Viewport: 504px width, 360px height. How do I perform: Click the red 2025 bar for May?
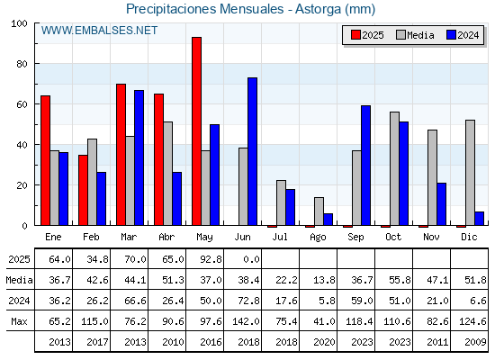tap(197, 131)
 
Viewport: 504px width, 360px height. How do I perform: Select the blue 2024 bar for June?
tap(252, 151)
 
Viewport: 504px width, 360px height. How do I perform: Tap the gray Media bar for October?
tap(394, 169)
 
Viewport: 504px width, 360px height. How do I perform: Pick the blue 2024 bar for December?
tap(479, 219)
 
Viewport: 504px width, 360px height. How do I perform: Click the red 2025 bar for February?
tap(83, 190)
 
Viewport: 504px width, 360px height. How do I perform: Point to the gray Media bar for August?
tap(319, 211)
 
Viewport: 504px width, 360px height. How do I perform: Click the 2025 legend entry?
tap(367, 35)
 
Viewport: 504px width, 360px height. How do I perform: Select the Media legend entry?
tap(415, 35)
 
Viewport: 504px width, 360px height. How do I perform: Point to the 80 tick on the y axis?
tap(22, 64)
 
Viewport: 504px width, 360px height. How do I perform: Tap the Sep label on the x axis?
tap(355, 238)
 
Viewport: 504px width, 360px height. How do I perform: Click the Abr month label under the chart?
tap(166, 238)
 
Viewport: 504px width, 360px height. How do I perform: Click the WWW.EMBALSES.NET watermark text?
tap(99, 31)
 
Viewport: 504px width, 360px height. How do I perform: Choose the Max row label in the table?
tap(19, 321)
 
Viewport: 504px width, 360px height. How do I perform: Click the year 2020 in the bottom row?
tap(324, 342)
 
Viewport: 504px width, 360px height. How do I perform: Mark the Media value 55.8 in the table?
tap(400, 280)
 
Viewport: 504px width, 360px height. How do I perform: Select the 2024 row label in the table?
tap(19, 301)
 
